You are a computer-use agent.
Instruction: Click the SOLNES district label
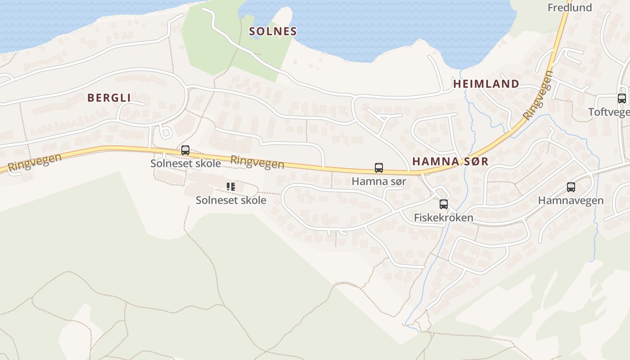click(x=273, y=31)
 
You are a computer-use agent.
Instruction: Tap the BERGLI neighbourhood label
click(x=109, y=98)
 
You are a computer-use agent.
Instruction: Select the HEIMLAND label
click(x=486, y=84)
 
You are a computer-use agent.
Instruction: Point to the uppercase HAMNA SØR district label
click(x=450, y=162)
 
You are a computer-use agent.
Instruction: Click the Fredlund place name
click(x=569, y=8)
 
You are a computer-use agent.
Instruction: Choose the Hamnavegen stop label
click(x=571, y=200)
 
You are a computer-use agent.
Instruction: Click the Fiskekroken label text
click(x=443, y=218)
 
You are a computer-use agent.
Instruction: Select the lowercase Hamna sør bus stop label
click(x=378, y=181)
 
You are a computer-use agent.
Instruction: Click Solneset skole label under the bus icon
click(x=185, y=163)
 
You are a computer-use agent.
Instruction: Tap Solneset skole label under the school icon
click(x=231, y=200)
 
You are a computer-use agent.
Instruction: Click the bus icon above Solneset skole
click(x=185, y=150)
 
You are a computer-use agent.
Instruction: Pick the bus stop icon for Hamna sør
click(x=379, y=168)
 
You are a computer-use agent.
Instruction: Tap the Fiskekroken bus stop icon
click(x=444, y=204)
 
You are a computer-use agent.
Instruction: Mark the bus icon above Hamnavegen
click(x=571, y=187)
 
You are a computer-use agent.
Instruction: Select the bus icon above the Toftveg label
click(x=622, y=99)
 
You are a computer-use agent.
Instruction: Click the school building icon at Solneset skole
click(x=231, y=186)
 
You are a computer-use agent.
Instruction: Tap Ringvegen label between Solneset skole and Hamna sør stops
click(x=257, y=162)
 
